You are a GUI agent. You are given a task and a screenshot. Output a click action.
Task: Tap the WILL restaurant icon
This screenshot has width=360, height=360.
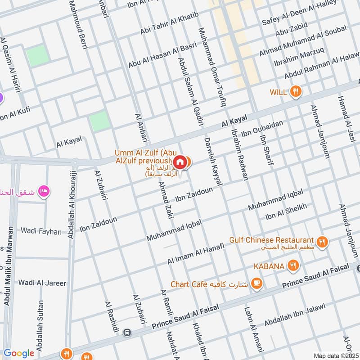pyautogui.click(x=295, y=92)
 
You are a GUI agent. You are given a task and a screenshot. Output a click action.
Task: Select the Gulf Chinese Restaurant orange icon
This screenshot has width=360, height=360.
pyautogui.click(x=322, y=242)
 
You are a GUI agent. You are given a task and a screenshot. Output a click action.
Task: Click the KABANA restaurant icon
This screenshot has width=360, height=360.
pyautogui.click(x=293, y=266)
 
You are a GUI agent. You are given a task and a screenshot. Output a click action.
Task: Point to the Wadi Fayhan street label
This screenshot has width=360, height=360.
pyautogui.click(x=41, y=231)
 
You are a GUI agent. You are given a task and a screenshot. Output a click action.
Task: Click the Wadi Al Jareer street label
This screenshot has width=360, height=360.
pyautogui.click(x=42, y=283)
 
